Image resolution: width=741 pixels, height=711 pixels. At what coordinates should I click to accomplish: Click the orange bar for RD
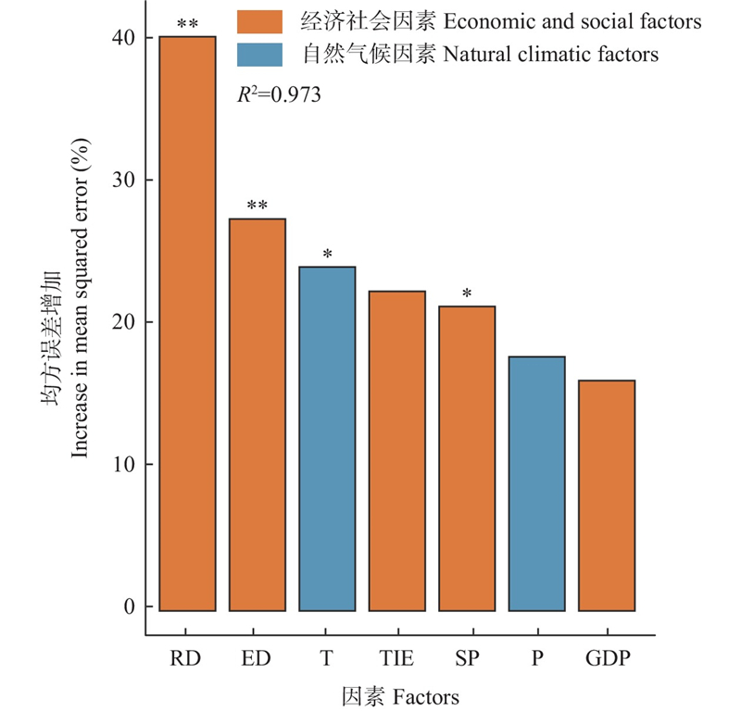click(x=187, y=324)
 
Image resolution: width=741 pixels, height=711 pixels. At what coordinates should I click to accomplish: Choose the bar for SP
click(x=467, y=458)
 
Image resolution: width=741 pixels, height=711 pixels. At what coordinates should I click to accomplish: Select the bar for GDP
click(x=607, y=495)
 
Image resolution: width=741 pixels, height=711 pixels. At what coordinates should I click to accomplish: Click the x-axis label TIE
click(x=396, y=658)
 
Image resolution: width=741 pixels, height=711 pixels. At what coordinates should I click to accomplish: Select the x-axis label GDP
click(x=607, y=658)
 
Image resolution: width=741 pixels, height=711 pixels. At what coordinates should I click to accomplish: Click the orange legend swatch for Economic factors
click(x=259, y=21)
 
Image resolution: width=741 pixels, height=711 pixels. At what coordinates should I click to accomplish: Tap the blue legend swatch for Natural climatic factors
click(x=259, y=54)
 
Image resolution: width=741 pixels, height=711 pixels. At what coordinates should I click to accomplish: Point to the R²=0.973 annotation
click(x=279, y=94)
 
